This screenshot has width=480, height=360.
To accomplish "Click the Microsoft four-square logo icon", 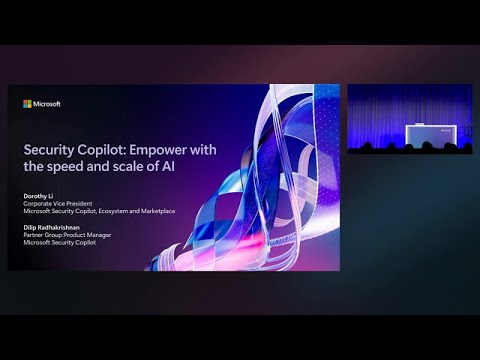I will [28, 103].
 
